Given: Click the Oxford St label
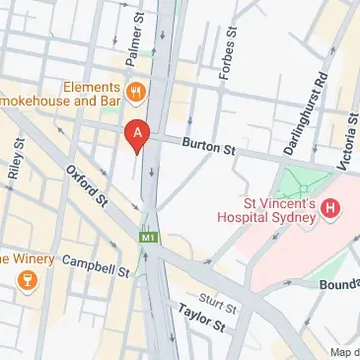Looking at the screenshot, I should (x=88, y=184).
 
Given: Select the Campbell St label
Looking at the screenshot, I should (x=96, y=264).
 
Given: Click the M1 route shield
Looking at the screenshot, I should (x=149, y=237).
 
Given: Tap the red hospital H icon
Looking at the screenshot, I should (x=331, y=208).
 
